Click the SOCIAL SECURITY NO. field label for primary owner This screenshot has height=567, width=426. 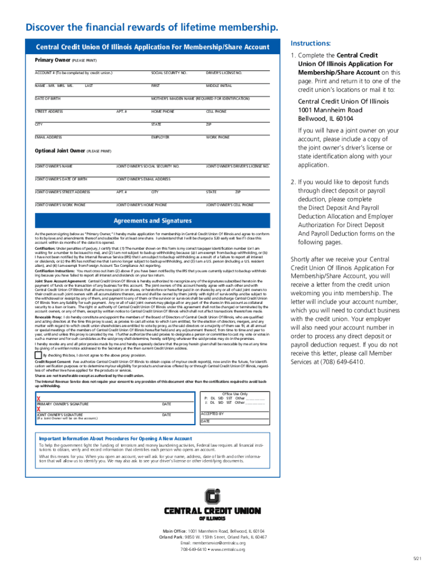click(169, 73)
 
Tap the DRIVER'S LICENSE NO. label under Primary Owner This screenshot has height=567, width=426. click(224, 73)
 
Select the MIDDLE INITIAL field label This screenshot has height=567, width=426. click(219, 86)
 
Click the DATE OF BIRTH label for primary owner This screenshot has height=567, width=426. click(48, 99)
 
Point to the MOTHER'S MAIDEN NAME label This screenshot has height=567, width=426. click(200, 99)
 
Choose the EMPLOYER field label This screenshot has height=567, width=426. click(160, 137)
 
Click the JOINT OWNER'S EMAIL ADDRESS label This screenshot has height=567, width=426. click(143, 179)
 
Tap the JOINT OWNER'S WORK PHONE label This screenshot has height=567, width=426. click(60, 205)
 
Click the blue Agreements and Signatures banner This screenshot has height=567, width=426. click(153, 221)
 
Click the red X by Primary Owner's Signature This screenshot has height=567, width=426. click(38, 383)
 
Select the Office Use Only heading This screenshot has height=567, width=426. click(234, 378)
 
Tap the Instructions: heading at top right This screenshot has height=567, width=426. click(310, 43)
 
